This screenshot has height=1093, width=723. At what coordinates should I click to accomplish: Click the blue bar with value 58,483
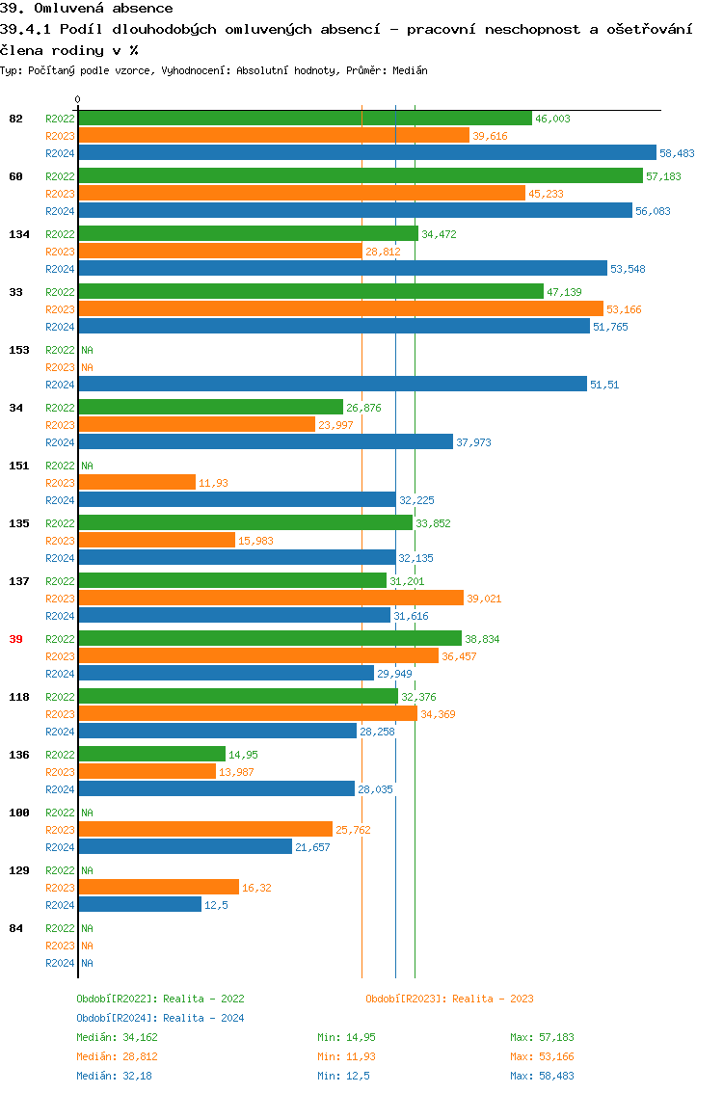(x=366, y=152)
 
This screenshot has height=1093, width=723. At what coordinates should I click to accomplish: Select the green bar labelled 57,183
(x=360, y=175)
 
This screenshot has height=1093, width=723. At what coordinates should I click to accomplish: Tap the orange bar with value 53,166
(x=340, y=308)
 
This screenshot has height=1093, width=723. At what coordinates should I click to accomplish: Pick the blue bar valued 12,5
(x=140, y=904)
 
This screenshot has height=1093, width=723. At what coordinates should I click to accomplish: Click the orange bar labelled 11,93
(x=136, y=482)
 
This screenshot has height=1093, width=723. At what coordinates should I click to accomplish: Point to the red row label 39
(x=15, y=639)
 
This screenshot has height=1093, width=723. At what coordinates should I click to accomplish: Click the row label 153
(x=18, y=350)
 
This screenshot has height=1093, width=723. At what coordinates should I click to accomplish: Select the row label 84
(x=15, y=928)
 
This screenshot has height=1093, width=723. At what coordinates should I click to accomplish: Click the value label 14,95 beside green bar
(x=243, y=755)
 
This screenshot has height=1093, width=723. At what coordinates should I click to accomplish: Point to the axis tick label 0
(x=78, y=99)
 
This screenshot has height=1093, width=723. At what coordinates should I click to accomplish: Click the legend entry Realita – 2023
(x=449, y=999)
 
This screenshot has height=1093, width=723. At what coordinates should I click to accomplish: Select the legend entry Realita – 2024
(x=160, y=1018)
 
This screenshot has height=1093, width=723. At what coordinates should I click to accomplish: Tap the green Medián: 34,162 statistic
(x=117, y=1037)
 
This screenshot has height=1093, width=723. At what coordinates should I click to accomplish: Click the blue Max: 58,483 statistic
(x=542, y=1076)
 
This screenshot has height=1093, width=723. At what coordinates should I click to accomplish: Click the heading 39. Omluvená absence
(x=87, y=9)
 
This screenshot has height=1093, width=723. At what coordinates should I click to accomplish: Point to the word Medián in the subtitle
(x=411, y=70)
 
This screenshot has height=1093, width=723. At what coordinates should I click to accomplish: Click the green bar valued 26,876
(x=210, y=407)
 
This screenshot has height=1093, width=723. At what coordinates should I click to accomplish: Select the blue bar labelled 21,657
(x=185, y=846)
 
